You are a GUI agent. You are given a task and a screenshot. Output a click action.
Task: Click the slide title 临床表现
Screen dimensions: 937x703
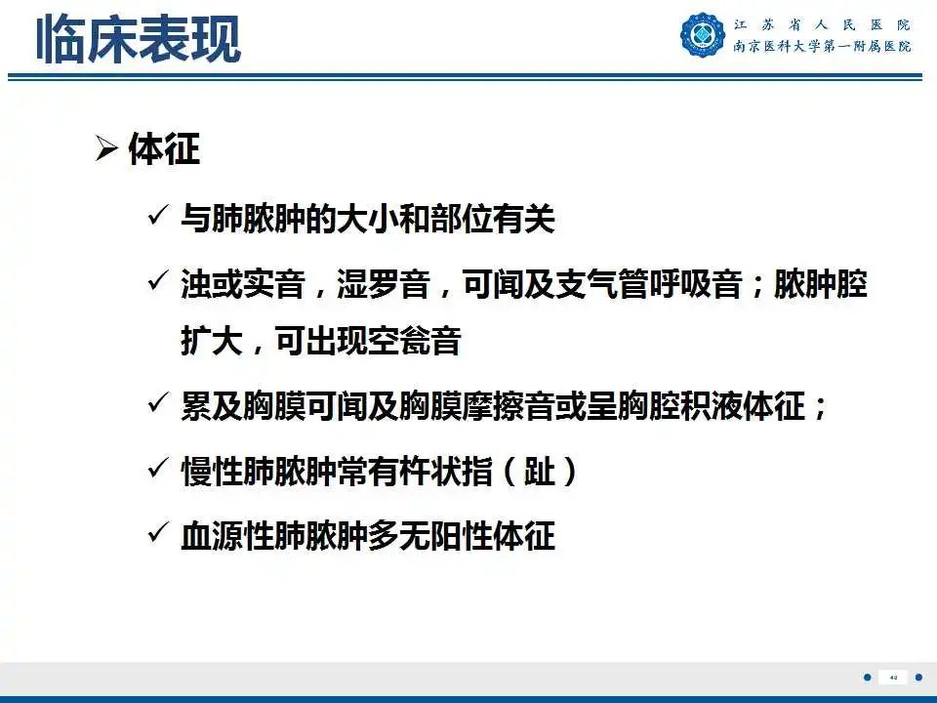click(139, 40)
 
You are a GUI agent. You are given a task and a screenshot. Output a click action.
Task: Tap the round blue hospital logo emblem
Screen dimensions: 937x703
click(703, 35)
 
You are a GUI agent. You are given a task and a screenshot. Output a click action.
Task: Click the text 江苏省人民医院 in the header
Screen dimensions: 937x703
click(822, 25)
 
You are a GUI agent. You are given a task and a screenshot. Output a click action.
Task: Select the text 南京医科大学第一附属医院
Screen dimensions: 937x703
click(822, 46)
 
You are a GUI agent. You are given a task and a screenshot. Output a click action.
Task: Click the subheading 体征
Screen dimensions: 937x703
click(164, 148)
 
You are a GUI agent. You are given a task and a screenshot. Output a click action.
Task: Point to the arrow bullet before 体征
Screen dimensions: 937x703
click(106, 148)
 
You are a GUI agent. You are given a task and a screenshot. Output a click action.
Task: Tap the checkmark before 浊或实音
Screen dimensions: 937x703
click(156, 281)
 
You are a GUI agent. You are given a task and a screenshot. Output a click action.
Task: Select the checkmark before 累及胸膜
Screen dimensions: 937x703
click(156, 403)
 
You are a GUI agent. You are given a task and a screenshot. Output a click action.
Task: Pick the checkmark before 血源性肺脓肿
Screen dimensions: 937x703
click(156, 533)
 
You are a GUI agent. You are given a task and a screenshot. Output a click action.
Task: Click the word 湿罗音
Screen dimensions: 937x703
click(384, 284)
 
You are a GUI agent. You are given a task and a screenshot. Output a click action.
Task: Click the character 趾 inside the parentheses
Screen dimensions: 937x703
click(540, 471)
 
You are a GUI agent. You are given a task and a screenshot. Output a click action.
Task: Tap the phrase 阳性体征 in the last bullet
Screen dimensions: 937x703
click(493, 536)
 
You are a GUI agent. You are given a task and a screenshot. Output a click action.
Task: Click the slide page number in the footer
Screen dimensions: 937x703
click(893, 678)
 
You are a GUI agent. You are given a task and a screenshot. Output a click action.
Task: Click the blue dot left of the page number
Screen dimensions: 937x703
click(868, 678)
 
